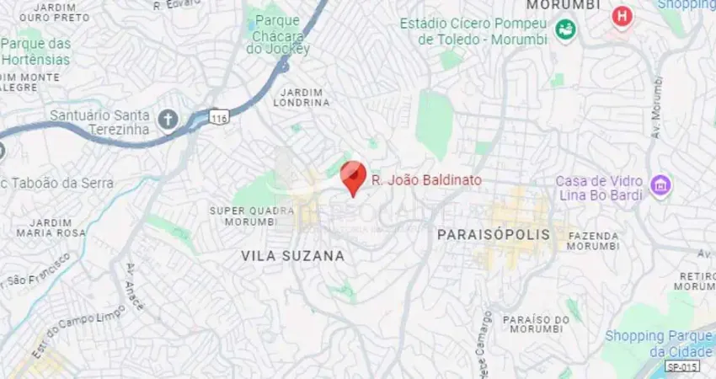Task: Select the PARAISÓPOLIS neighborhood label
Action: tap(493, 234)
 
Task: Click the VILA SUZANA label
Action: tap(293, 255)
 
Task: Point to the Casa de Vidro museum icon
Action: tap(661, 184)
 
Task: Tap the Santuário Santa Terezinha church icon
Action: tap(168, 120)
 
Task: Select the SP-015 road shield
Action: tap(681, 367)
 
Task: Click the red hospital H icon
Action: tap(622, 16)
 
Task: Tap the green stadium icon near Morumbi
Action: tap(565, 31)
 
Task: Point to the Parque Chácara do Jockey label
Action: tap(278, 34)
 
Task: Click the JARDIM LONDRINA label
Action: tap(301, 97)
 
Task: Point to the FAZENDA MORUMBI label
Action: tap(593, 241)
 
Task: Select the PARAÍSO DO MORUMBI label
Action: tap(536, 325)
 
